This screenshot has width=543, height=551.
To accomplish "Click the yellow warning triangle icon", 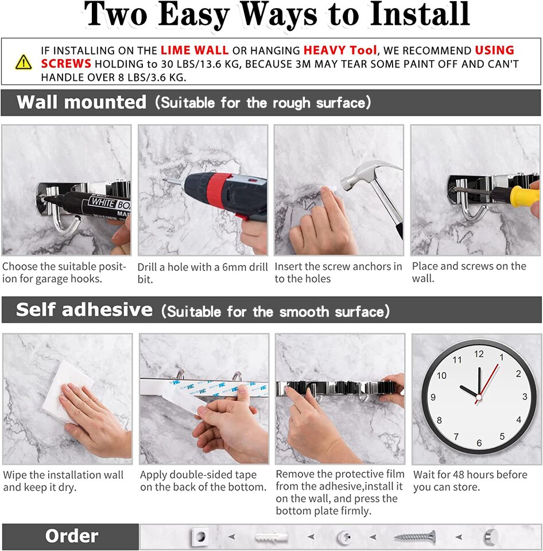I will pyautogui.click(x=24, y=61).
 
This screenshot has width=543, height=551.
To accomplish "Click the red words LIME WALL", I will pyautogui.click(x=195, y=51).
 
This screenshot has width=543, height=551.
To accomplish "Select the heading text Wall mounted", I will pyautogui.click(x=82, y=103).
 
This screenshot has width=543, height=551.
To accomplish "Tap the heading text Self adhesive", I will pyautogui.click(x=84, y=310).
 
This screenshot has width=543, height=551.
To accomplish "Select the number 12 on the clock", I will pyautogui.click(x=479, y=354).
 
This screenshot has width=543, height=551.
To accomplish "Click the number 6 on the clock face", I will pyautogui.click(x=479, y=443).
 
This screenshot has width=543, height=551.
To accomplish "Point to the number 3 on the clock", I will pyautogui.click(x=525, y=397).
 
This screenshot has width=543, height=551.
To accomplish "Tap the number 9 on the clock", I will pyautogui.click(x=433, y=397).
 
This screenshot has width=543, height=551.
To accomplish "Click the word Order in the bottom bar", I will pyautogui.click(x=72, y=536).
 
